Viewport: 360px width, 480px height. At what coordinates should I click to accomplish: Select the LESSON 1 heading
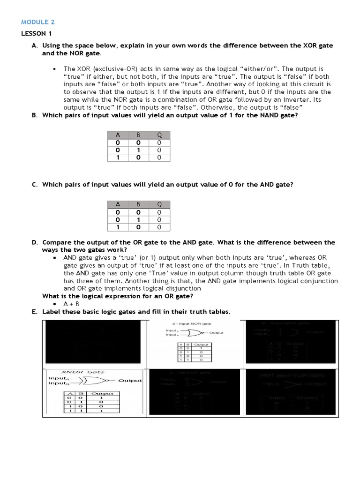[34, 34]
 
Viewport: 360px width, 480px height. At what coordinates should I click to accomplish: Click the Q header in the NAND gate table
[159, 135]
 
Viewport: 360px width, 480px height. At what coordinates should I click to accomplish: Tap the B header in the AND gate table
[139, 204]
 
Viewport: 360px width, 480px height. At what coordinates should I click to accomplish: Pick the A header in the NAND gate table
[119, 135]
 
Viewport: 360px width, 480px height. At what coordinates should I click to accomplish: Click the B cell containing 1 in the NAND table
[139, 150]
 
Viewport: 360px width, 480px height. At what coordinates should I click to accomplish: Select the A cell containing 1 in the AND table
[119, 227]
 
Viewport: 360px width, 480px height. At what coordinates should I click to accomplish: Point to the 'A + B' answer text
[71, 304]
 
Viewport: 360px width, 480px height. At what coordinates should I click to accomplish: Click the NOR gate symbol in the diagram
[193, 333]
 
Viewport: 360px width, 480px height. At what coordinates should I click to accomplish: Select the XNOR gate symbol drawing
[94, 381]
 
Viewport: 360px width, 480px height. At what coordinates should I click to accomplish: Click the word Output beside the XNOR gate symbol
[130, 381]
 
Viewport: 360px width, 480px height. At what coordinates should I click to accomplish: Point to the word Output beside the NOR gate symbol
[216, 333]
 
